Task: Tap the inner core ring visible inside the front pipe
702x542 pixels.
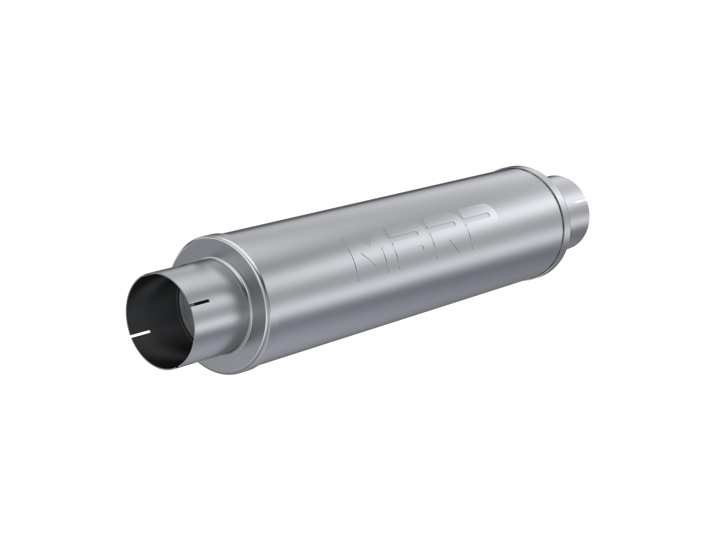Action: tap(185, 318)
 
